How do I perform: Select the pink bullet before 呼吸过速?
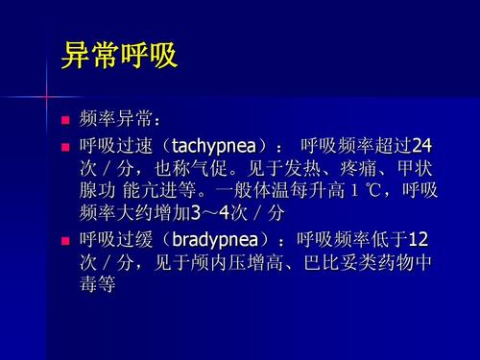(x=66, y=147)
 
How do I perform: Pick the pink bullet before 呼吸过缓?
(x=66, y=238)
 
